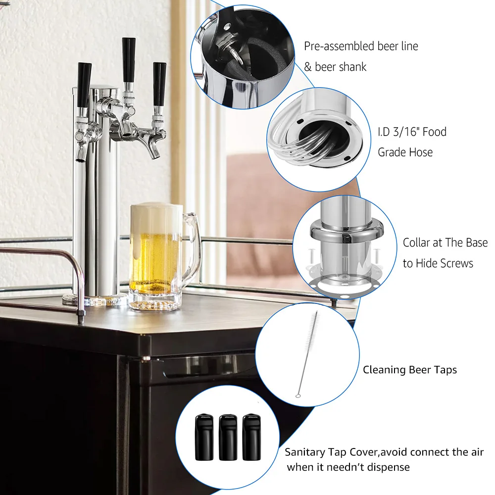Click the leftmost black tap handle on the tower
84,84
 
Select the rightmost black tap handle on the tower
159,83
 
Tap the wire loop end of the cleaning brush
298,395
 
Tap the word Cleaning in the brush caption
384,370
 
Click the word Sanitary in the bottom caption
304,452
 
